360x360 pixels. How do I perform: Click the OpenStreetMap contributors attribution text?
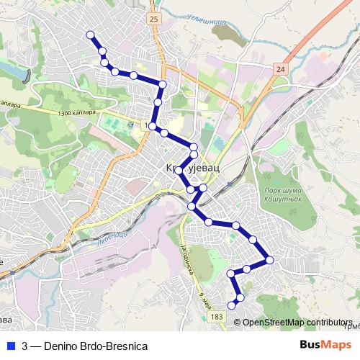[297, 322]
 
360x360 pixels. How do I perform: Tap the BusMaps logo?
[325, 345]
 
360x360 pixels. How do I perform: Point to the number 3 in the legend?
[25, 346]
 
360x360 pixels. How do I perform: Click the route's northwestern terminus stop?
[90, 35]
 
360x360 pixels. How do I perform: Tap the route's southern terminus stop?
[232, 306]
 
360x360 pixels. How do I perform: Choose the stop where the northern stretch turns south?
[163, 85]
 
